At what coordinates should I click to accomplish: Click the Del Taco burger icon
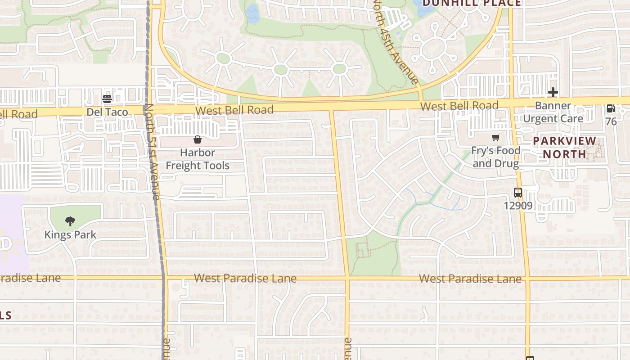click(x=107, y=99)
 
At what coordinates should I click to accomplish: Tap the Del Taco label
click(x=107, y=112)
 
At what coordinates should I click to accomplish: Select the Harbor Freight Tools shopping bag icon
click(x=197, y=139)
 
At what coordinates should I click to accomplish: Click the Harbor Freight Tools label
click(x=198, y=159)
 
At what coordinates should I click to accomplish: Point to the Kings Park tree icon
click(x=70, y=221)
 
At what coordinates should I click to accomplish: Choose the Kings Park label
click(x=70, y=234)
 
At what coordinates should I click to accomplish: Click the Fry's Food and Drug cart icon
click(x=495, y=138)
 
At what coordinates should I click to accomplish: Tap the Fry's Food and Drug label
click(x=495, y=157)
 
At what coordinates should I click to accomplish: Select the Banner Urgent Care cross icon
click(x=553, y=93)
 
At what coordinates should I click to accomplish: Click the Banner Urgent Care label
click(x=553, y=112)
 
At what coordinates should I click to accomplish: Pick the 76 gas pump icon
click(x=611, y=108)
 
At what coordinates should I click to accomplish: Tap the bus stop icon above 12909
click(x=518, y=193)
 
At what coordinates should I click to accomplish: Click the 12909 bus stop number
click(x=518, y=206)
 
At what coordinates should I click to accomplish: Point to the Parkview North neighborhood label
click(x=564, y=148)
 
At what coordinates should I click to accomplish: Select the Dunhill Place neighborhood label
click(x=472, y=3)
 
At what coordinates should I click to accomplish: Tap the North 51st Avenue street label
click(x=153, y=152)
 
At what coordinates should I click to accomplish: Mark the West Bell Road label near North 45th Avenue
click(x=459, y=106)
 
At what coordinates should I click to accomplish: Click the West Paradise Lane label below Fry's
click(x=470, y=279)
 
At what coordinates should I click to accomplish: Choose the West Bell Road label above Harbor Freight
click(x=234, y=110)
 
